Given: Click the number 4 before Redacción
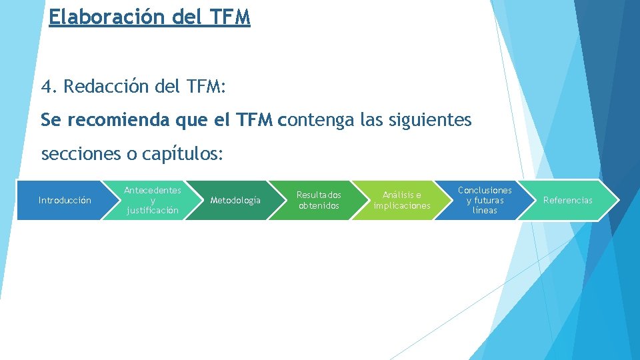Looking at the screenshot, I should [x=47, y=87].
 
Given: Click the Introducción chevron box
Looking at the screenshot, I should [x=65, y=200].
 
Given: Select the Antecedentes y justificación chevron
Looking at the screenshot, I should [x=153, y=200].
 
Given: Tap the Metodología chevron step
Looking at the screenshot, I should [x=235, y=200].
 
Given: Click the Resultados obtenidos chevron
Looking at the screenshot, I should [x=319, y=200].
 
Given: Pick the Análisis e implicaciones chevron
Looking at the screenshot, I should [x=402, y=200].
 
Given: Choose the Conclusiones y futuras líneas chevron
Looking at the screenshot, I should [x=485, y=200].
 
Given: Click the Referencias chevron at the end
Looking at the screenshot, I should [x=567, y=200].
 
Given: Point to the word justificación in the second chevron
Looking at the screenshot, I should [x=153, y=211].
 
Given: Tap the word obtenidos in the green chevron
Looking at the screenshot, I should [x=319, y=206].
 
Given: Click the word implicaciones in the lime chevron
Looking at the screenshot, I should [x=402, y=206].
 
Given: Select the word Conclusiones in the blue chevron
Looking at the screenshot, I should [x=485, y=190].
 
